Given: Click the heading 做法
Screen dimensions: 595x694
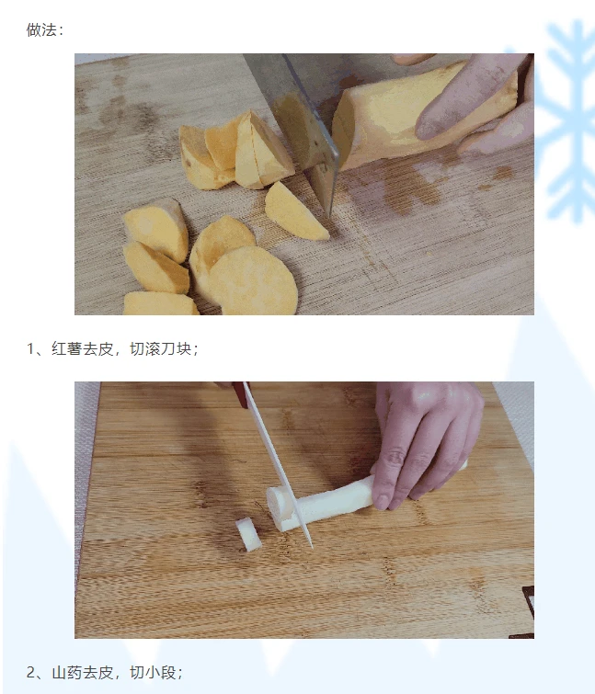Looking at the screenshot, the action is [x=41, y=30].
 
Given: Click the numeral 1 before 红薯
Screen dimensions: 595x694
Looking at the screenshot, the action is [x=30, y=348].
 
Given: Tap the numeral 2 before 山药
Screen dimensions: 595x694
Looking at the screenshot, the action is [x=30, y=672].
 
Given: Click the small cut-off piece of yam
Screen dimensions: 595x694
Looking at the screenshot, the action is [x=248, y=535].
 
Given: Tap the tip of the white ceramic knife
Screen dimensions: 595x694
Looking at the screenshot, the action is [x=312, y=548].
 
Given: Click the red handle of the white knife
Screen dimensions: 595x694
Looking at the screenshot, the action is [x=240, y=395].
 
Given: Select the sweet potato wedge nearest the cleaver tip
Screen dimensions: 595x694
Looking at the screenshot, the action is [x=295, y=211].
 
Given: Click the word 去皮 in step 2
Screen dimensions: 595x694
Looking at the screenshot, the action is [x=98, y=672].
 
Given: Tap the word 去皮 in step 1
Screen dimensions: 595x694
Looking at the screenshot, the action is [x=98, y=348].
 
